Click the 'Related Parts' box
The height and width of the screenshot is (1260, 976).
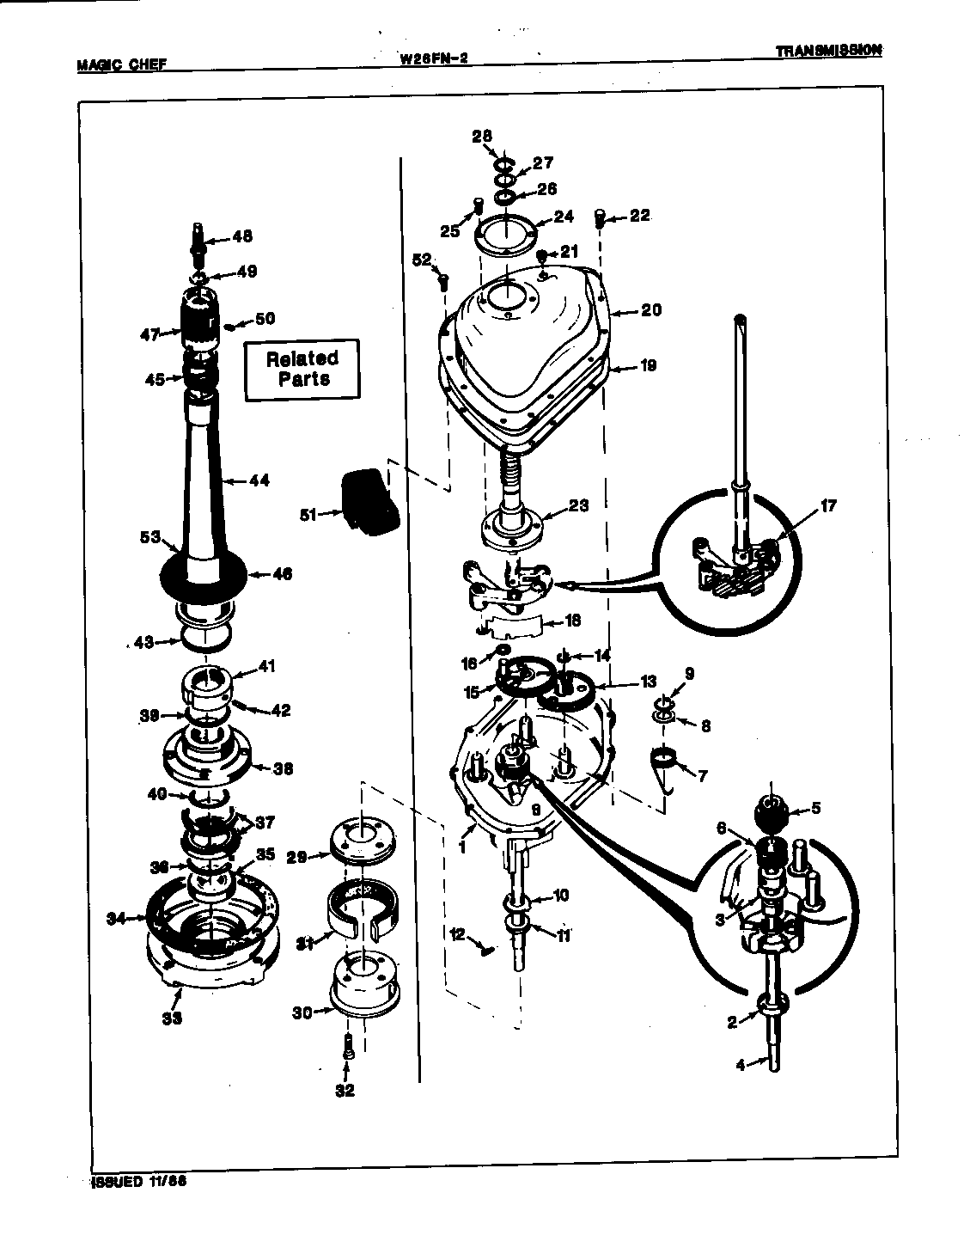click(302, 370)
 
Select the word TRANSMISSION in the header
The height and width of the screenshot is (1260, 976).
click(827, 50)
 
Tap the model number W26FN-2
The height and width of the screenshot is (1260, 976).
click(433, 59)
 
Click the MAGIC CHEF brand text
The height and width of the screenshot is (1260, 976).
click(121, 64)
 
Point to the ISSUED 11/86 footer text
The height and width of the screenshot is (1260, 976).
click(139, 1180)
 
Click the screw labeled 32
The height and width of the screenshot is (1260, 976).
click(347, 1049)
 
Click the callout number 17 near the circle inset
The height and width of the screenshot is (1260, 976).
click(827, 506)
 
